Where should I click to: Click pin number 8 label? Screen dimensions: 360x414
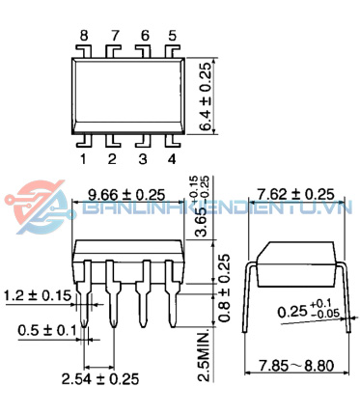point(84,36)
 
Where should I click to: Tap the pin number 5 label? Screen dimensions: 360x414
point(173,36)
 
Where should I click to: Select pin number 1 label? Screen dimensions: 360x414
point(83,159)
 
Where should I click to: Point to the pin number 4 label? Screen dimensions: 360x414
point(172,159)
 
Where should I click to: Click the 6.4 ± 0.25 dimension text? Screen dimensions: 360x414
point(206,97)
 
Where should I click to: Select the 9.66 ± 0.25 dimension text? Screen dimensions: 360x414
point(126,194)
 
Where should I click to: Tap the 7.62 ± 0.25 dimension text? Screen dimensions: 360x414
point(296,194)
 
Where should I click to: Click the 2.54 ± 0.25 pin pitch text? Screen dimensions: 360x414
point(100,378)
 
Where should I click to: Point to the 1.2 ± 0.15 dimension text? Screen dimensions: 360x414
point(38,295)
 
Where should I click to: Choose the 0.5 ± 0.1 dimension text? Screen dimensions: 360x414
point(47,330)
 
